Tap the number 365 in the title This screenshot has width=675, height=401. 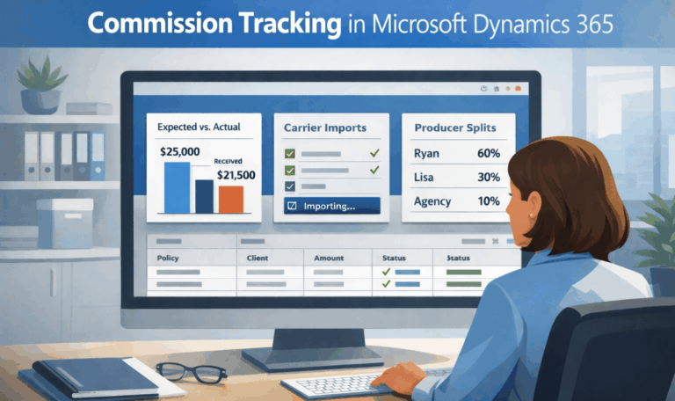tap(592, 24)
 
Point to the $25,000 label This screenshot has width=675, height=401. tap(180, 151)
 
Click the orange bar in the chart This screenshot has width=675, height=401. tap(231, 200)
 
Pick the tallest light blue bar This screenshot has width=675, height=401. tap(177, 187)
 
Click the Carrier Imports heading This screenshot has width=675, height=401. tap(324, 128)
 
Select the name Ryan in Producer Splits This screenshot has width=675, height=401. tap(426, 154)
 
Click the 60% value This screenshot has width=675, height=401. tap(489, 154)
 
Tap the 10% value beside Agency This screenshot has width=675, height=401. tap(489, 201)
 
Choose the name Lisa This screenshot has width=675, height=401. tap(424, 178)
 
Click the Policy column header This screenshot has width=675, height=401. tap(168, 259)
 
